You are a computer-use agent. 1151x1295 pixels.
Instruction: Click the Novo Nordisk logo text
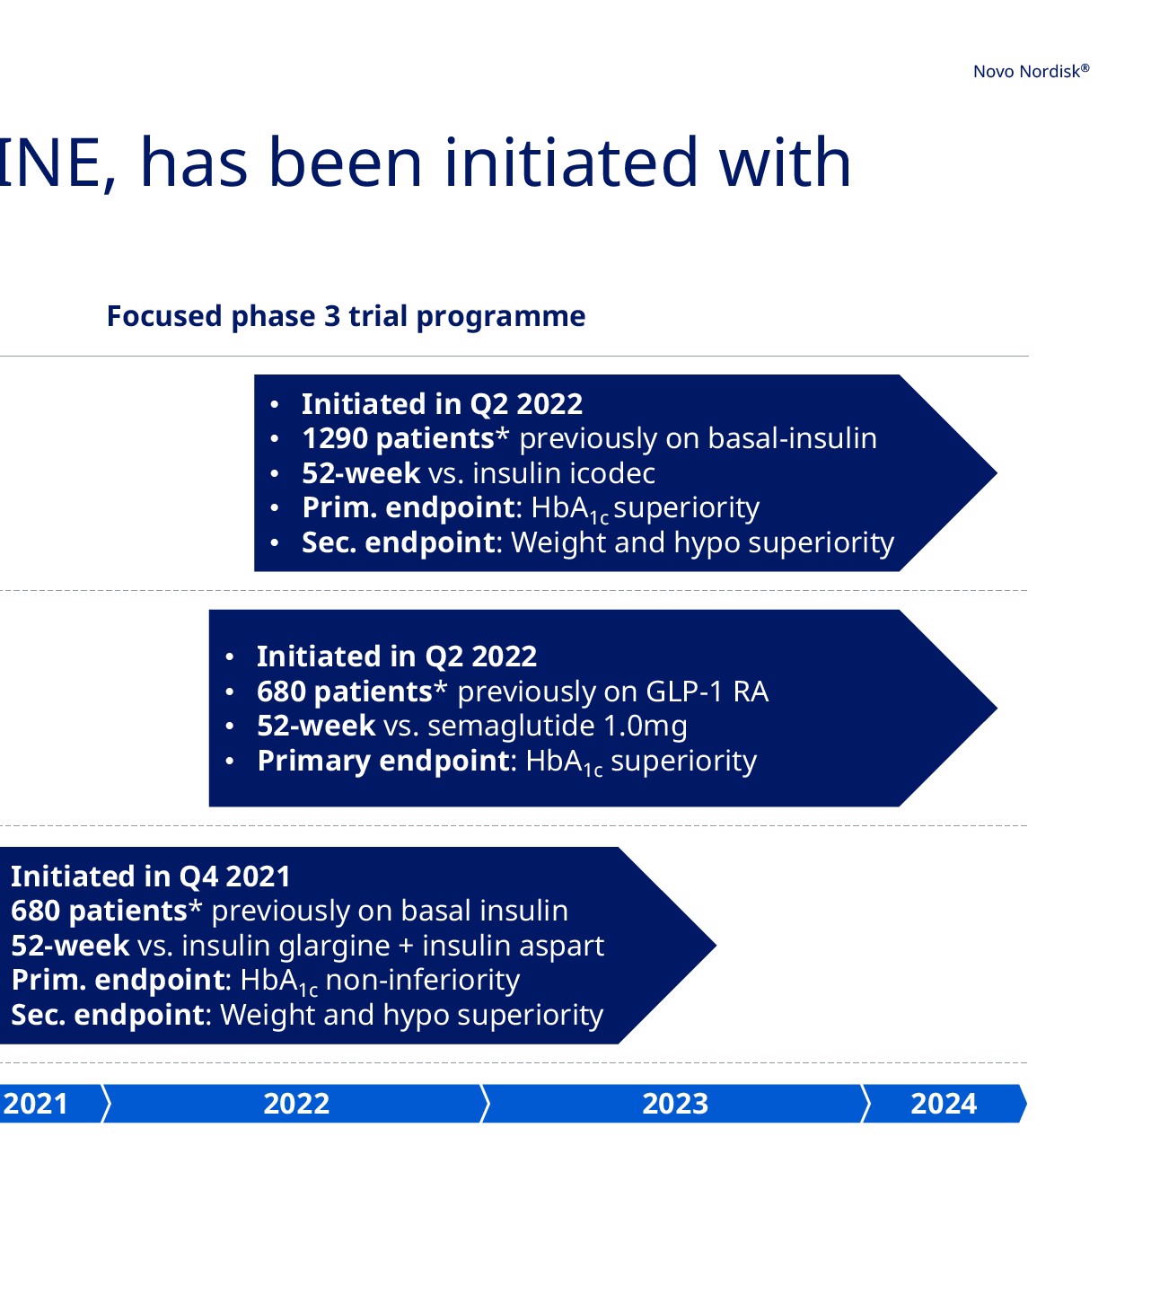coord(1030,71)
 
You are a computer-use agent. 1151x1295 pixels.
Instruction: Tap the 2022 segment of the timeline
coord(296,1104)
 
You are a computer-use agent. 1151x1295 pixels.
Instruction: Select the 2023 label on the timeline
coord(675,1104)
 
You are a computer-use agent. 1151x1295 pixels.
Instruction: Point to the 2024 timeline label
coord(944,1104)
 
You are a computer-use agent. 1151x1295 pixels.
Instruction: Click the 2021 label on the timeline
coord(35,1104)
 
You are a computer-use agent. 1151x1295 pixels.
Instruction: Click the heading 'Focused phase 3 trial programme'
coord(346,316)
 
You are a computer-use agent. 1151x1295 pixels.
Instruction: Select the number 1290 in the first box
coord(335,438)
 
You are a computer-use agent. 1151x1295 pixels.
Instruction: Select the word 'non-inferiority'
coord(423,980)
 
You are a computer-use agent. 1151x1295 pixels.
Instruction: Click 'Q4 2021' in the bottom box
coord(234,877)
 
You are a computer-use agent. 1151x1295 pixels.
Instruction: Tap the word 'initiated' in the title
coord(570,163)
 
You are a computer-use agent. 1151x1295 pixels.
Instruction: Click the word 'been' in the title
coord(345,163)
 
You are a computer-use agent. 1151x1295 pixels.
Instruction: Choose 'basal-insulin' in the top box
coord(793,438)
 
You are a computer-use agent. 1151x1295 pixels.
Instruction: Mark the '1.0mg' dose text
coord(646,727)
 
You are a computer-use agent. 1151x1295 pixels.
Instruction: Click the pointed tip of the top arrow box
coord(997,473)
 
